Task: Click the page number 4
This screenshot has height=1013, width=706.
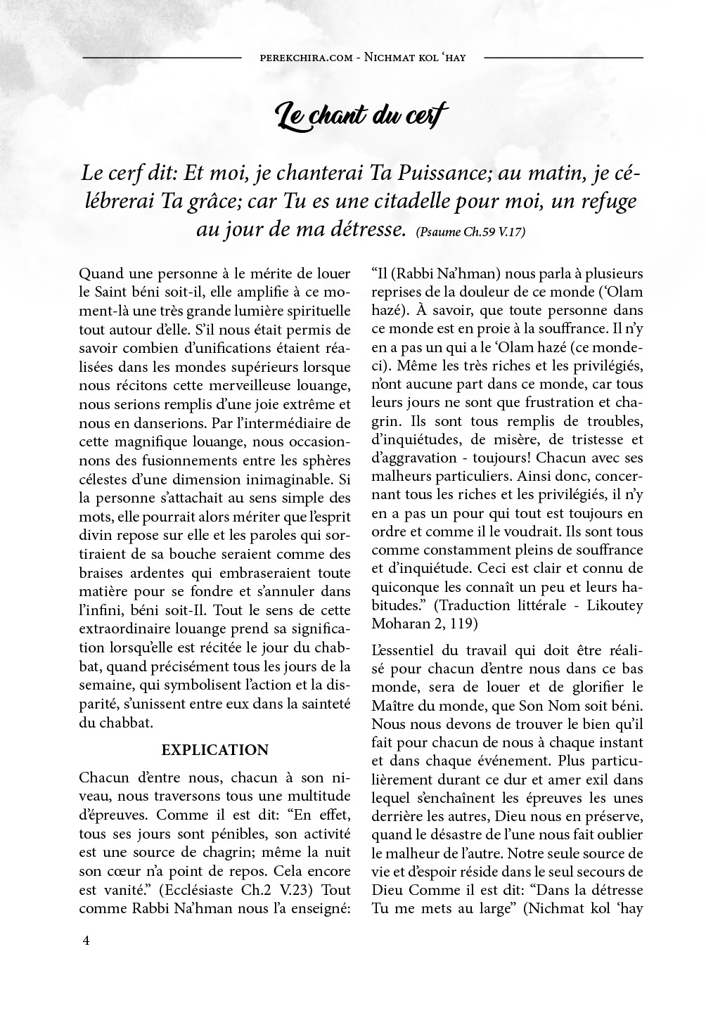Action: (x=86, y=941)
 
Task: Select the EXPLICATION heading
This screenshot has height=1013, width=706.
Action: (x=215, y=750)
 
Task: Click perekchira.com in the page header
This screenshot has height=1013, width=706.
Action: (x=306, y=57)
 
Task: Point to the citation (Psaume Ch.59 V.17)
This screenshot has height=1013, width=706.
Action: (x=470, y=232)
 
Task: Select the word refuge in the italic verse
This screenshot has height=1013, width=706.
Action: (x=610, y=202)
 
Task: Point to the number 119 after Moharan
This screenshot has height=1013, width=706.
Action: (x=466, y=623)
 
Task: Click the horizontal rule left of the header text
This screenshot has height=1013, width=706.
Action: (x=162, y=57)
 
